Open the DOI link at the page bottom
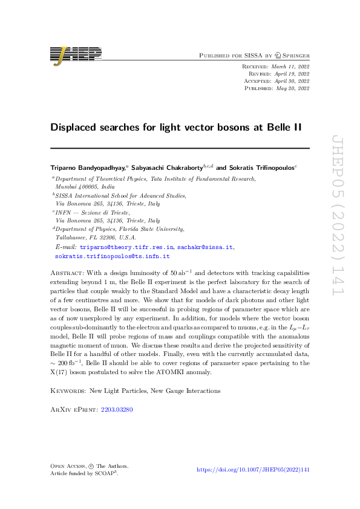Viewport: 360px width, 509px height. point(254,470)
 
